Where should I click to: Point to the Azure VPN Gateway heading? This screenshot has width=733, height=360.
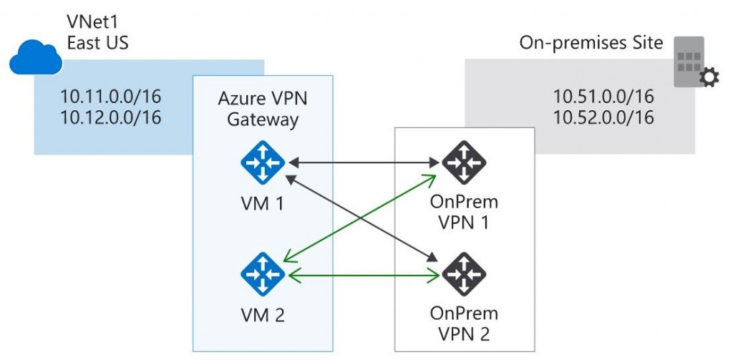(263, 109)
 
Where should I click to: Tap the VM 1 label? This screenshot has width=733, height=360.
(263, 205)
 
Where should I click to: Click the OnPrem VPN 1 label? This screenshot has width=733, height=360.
(464, 213)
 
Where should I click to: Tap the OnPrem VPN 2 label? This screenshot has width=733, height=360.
(464, 323)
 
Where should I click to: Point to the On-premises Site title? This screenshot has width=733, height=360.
(591, 44)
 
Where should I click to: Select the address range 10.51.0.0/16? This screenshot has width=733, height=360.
(603, 97)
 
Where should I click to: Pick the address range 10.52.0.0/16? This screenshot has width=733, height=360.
(603, 117)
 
